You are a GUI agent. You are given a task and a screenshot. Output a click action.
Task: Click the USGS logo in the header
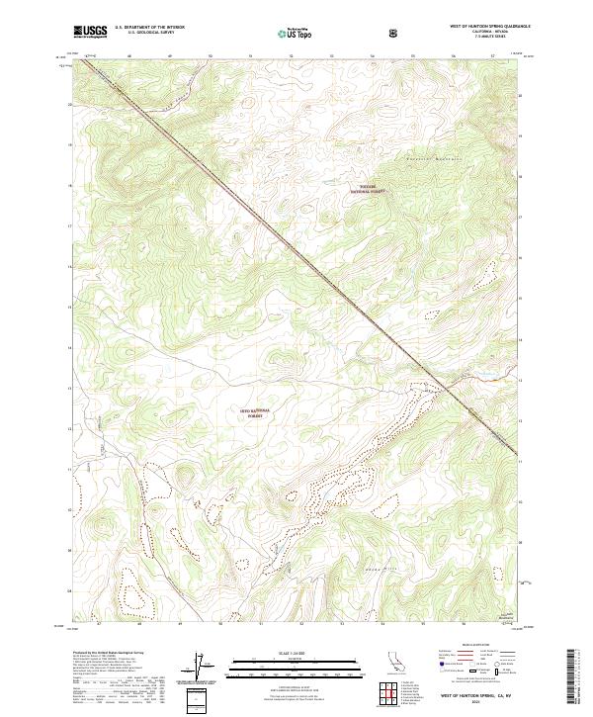[x=90, y=32]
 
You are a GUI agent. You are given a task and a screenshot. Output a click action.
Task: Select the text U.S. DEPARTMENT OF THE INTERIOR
[x=149, y=29]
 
